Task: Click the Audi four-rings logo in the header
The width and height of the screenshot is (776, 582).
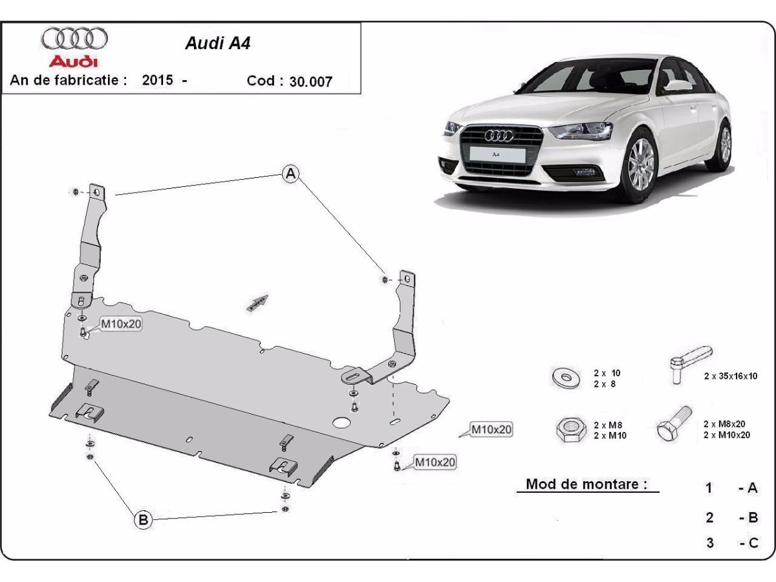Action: [74, 38]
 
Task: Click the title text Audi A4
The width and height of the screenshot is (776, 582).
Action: [217, 43]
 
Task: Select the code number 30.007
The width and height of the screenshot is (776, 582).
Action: [311, 81]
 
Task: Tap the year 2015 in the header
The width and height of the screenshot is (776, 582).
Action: [157, 80]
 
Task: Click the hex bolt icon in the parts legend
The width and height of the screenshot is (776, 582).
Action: [673, 424]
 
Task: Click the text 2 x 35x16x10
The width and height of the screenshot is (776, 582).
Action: [731, 376]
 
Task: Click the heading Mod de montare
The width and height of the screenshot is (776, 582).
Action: [587, 484]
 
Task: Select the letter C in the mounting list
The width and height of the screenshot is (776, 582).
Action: [753, 543]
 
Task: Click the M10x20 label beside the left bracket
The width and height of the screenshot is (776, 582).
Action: [120, 324]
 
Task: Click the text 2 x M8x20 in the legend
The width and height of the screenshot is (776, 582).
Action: [726, 424]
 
